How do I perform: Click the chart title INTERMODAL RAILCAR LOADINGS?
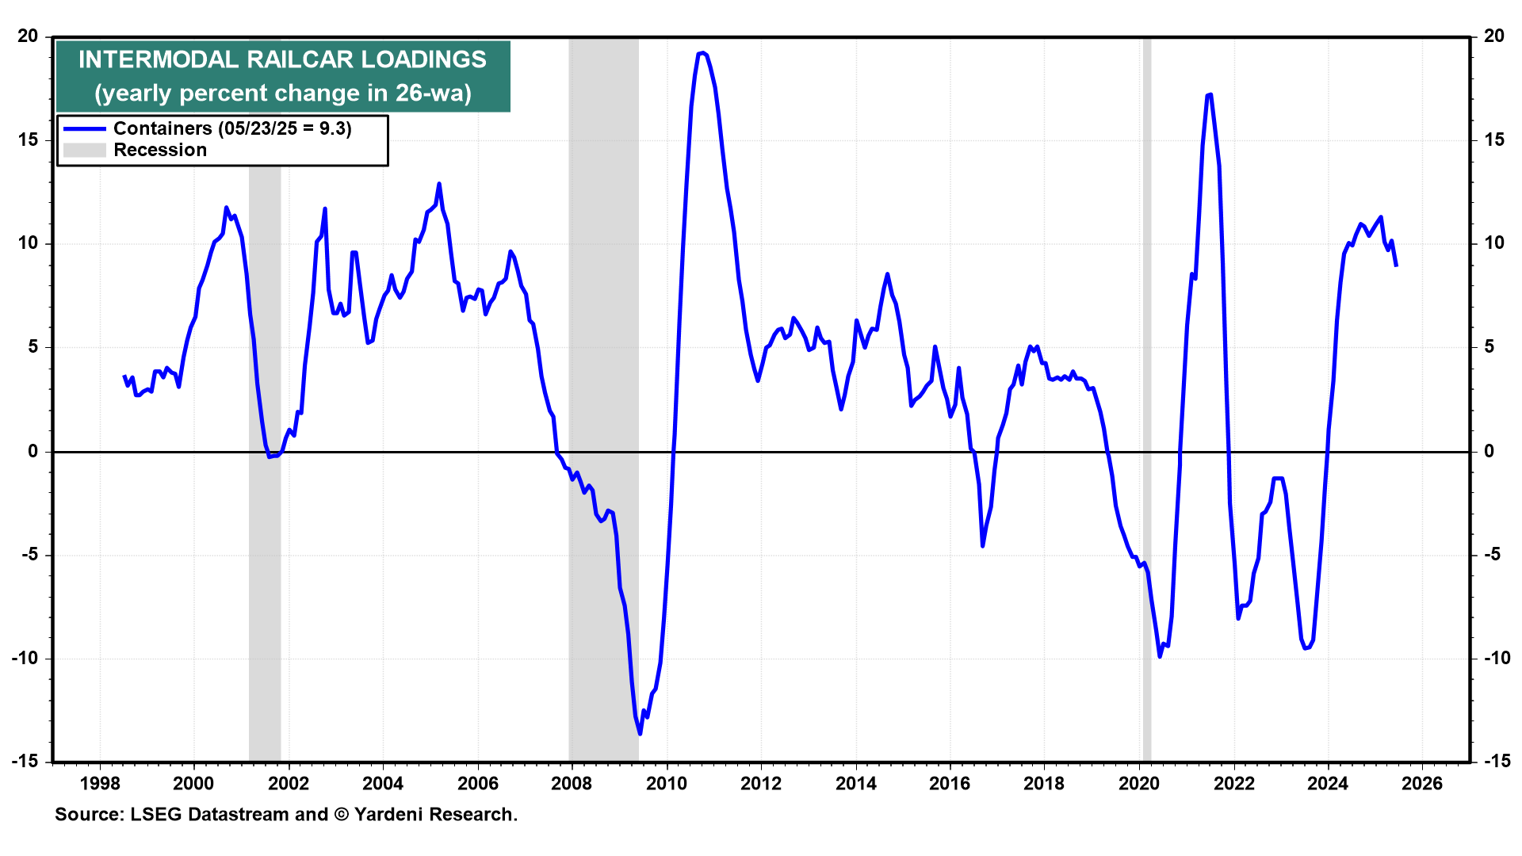pyautogui.click(x=282, y=59)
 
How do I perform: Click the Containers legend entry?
pyautogui.click(x=232, y=128)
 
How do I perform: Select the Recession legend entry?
pyautogui.click(x=159, y=150)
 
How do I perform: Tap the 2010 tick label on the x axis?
pyautogui.click(x=666, y=784)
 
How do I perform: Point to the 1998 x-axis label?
pyautogui.click(x=99, y=784)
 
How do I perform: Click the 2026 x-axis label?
pyautogui.click(x=1422, y=784)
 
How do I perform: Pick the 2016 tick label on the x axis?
pyautogui.click(x=950, y=784)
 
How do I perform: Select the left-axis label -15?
pyautogui.click(x=25, y=761)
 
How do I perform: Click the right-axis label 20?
pyautogui.click(x=1494, y=36)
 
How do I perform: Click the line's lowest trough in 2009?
pyautogui.click(x=640, y=733)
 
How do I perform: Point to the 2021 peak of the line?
pyautogui.click(x=1210, y=95)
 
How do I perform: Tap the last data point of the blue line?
pyautogui.click(x=1396, y=266)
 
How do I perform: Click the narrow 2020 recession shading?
pyautogui.click(x=1146, y=396)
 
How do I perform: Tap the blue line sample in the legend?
pyautogui.click(x=84, y=128)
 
